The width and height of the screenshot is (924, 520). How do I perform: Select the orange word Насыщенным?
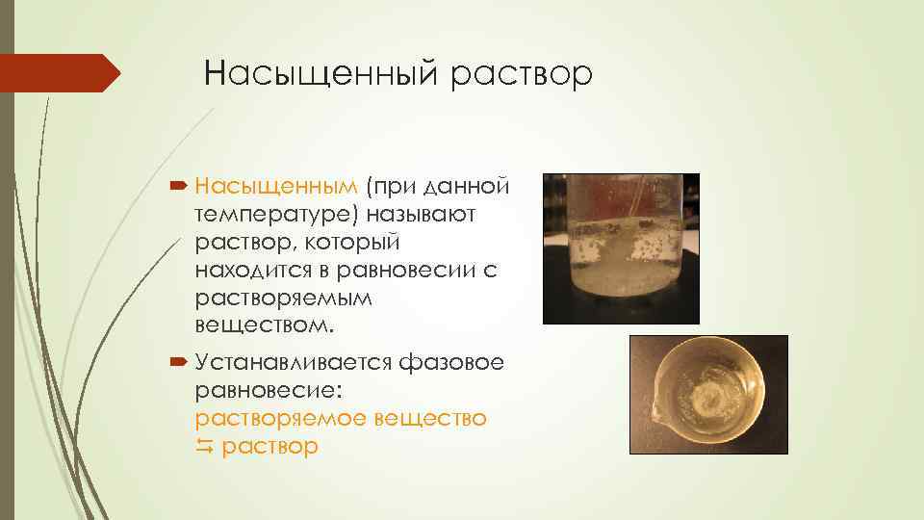point(275,185)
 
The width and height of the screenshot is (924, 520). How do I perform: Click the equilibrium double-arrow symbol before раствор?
point(204,447)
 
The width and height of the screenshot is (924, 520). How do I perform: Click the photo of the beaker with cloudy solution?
point(621,248)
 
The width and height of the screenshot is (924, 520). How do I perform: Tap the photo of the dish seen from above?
point(708,394)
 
